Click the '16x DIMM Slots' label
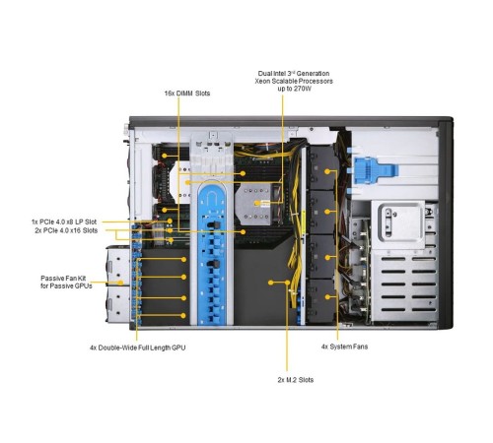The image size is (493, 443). pyautogui.click(x=186, y=93)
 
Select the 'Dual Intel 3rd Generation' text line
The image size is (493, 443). pyautogui.click(x=294, y=73)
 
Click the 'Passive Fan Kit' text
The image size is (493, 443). pyautogui.click(x=66, y=278)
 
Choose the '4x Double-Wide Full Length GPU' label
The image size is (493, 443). pyautogui.click(x=137, y=348)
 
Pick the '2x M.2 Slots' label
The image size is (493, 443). pyautogui.click(x=290, y=379)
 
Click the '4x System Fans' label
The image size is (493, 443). pyautogui.click(x=344, y=347)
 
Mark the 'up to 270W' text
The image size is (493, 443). pyautogui.click(x=294, y=91)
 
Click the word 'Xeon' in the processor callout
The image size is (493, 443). pyautogui.click(x=266, y=82)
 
